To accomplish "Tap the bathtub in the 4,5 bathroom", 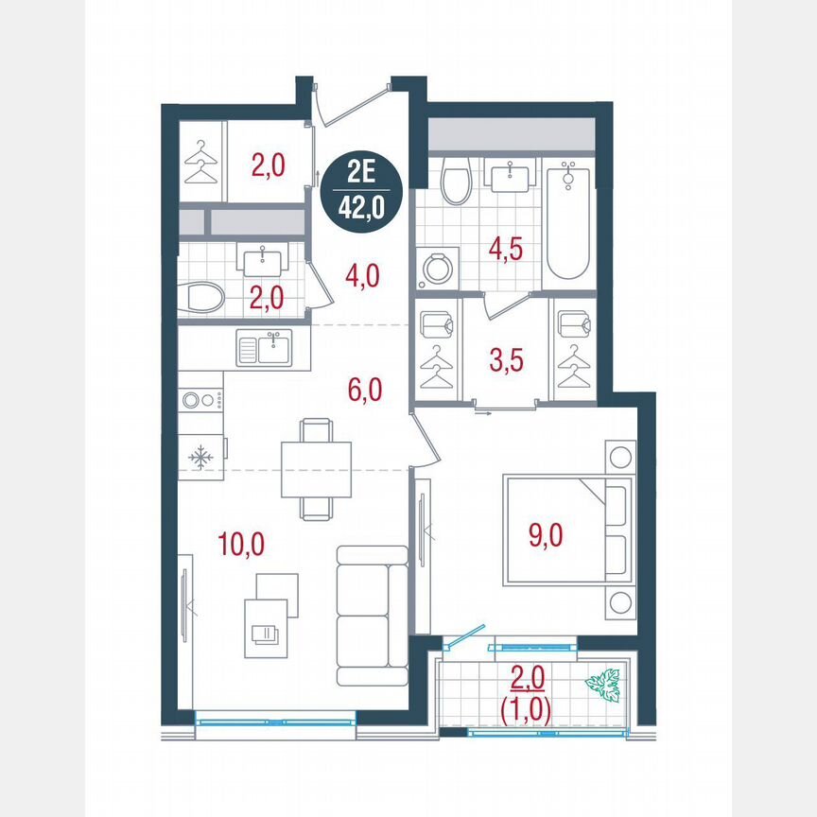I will click(x=567, y=221).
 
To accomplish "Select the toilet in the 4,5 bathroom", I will click(x=457, y=181).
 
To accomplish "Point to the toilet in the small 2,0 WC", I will click(x=202, y=298).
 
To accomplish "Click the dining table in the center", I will click(x=316, y=469).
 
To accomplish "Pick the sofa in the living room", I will click(x=371, y=615).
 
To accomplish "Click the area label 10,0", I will click(x=241, y=544).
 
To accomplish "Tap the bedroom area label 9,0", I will click(x=545, y=536).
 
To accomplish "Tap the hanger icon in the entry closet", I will click(x=201, y=164).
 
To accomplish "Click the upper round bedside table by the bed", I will click(x=621, y=458).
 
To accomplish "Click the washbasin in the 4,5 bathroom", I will click(x=511, y=174).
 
